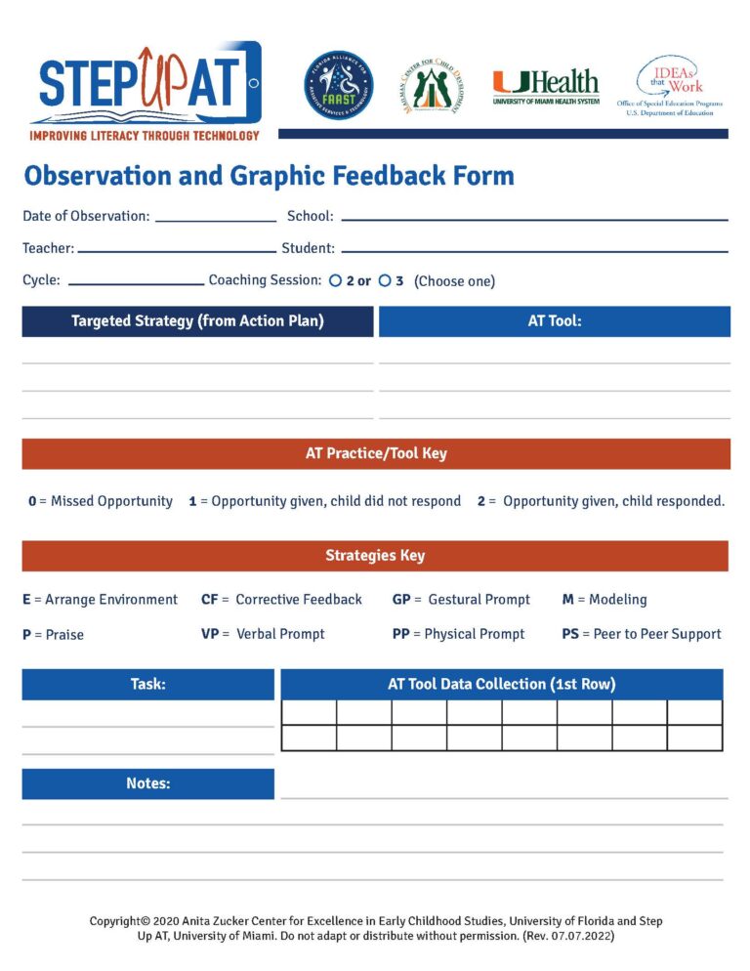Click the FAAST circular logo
click(338, 86)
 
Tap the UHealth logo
click(546, 87)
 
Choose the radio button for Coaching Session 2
click(335, 281)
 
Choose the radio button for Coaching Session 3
click(385, 281)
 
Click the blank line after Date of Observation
click(215, 220)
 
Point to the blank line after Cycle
click(136, 283)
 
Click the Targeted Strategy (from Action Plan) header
click(197, 321)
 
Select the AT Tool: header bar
click(554, 321)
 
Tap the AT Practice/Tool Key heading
click(375, 453)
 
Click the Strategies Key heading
click(375, 556)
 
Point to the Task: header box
click(147, 685)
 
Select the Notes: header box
click(147, 784)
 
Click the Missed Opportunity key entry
click(101, 501)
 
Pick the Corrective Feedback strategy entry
click(281, 600)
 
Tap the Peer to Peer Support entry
click(642, 634)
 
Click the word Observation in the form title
click(88, 176)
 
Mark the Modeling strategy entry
click(604, 600)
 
